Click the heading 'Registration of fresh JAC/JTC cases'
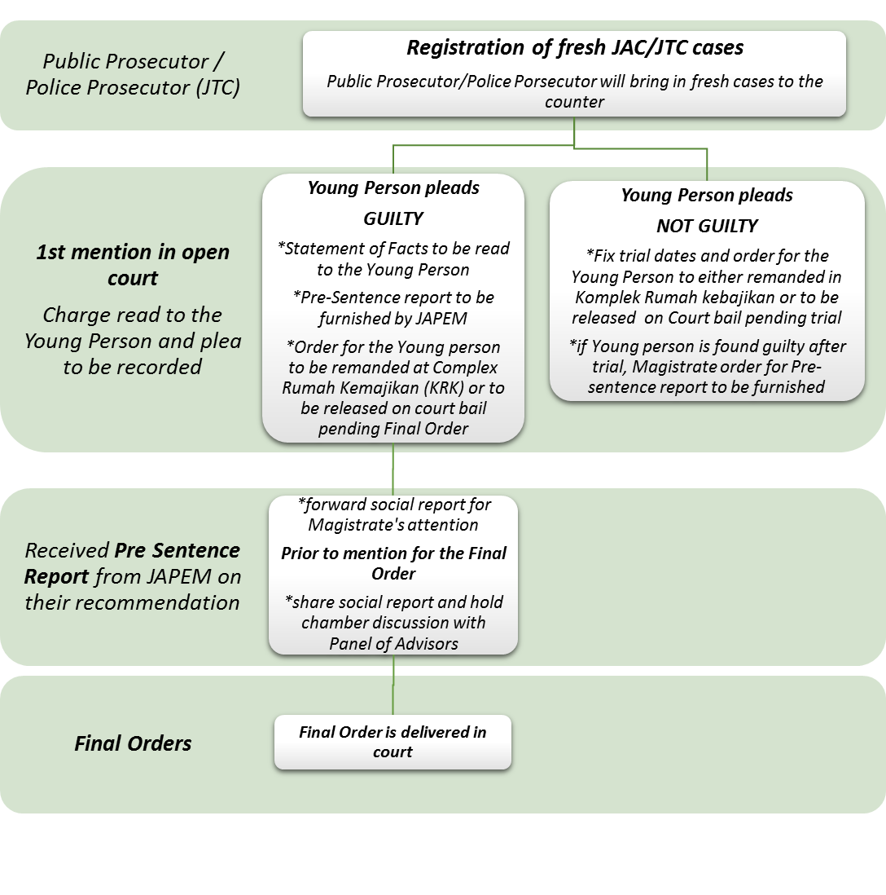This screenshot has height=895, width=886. [x=575, y=47]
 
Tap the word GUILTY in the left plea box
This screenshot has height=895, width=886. [x=393, y=218]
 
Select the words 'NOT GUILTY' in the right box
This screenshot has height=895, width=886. [x=707, y=226]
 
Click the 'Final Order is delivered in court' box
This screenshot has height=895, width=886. [x=393, y=742]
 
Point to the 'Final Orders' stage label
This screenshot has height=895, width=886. [x=133, y=743]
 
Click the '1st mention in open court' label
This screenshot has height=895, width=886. [x=133, y=265]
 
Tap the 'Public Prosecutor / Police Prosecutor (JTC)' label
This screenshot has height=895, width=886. [x=133, y=74]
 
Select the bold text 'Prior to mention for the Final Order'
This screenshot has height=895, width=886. [x=393, y=563]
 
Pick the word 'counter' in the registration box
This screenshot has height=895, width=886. [x=575, y=102]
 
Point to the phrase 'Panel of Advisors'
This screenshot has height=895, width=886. [x=393, y=643]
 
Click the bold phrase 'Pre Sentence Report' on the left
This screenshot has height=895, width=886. [x=132, y=563]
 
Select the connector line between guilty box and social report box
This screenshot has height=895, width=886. [x=393, y=469]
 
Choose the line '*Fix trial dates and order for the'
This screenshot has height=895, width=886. [x=707, y=255]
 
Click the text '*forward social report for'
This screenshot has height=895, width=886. [x=394, y=505]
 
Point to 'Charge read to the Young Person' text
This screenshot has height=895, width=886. [x=133, y=328]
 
